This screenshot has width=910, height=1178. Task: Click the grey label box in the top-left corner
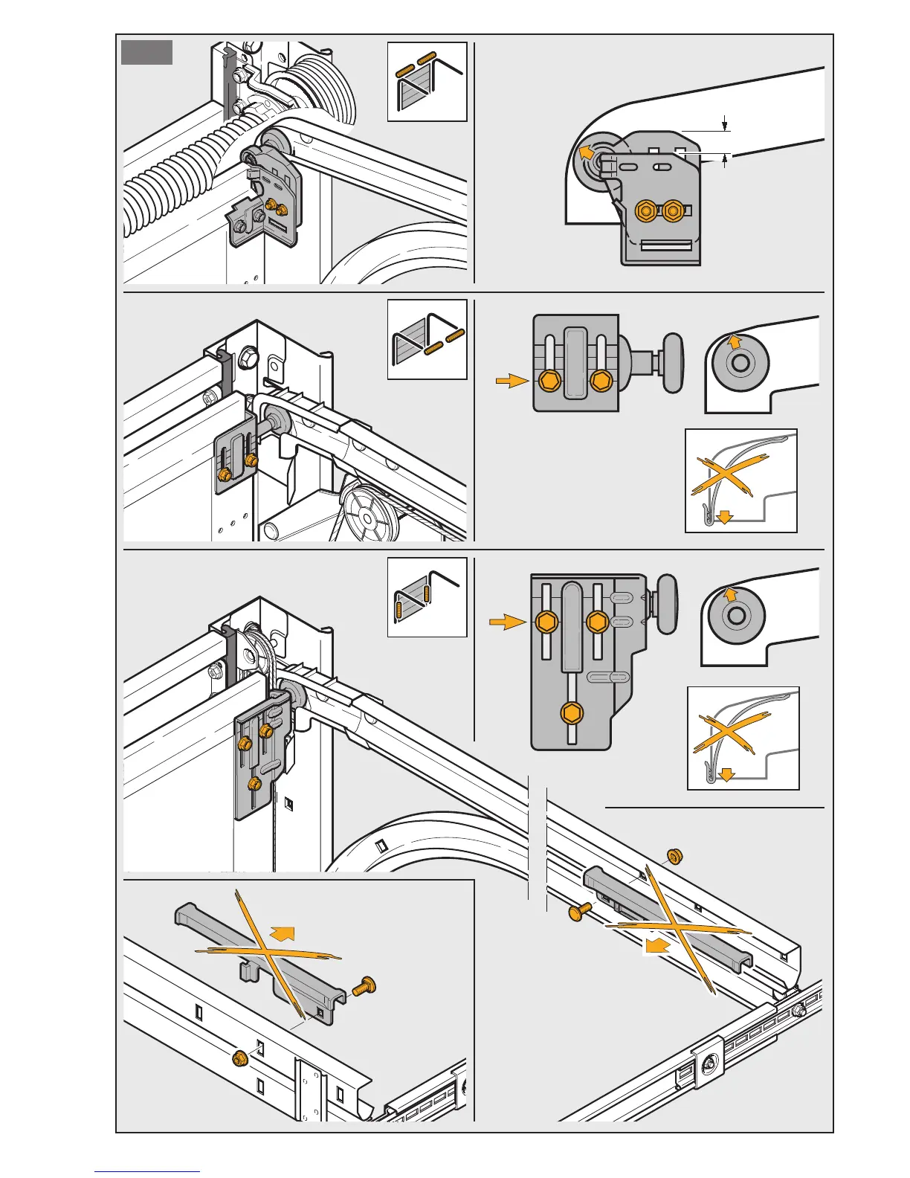pos(147,53)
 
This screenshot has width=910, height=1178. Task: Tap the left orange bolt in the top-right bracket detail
pos(645,211)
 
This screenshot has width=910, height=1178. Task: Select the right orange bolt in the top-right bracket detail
pos(673,211)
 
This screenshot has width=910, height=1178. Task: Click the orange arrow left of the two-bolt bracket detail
pos(512,381)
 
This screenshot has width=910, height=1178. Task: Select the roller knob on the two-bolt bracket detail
pos(672,362)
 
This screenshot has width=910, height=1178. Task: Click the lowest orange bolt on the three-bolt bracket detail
pos(572,712)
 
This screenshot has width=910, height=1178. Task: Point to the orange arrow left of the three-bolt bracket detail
pos(507,622)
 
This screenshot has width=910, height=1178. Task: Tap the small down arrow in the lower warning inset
pos(727,775)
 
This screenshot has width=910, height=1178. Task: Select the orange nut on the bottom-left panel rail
pos(239,1058)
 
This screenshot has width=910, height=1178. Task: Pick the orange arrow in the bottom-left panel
pos(283,933)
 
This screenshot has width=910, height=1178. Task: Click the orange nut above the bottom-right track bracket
pos(674,856)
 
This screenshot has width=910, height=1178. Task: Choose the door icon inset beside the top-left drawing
pos(427,82)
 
